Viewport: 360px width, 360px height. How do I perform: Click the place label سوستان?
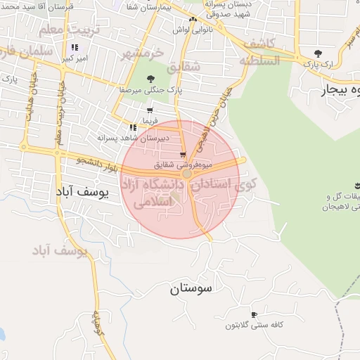click(191, 288)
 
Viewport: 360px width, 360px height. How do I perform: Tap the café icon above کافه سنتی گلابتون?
click(254, 314)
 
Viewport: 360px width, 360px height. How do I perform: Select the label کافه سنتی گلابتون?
click(253, 326)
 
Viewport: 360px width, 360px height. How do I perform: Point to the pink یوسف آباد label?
click(60, 250)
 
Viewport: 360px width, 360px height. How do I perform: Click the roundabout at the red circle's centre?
click(187, 173)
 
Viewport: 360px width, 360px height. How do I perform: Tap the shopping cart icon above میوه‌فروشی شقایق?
click(183, 155)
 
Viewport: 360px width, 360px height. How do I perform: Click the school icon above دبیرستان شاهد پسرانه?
click(133, 127)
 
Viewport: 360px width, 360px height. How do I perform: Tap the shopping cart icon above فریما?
click(150, 110)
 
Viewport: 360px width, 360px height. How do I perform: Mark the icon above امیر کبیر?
click(73, 47)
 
